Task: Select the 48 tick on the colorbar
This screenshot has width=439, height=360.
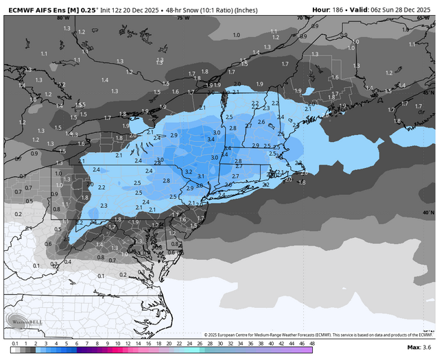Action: pyautogui.click(x=312, y=342)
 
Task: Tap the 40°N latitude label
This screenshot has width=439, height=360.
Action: pyautogui.click(x=428, y=213)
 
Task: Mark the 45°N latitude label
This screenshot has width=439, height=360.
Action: pyautogui.click(x=428, y=92)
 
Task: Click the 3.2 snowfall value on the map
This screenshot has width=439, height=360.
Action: pyautogui.click(x=188, y=171)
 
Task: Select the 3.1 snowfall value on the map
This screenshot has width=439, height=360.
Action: pyautogui.click(x=201, y=176)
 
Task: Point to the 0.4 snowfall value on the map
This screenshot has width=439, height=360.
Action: pyautogui.click(x=67, y=262)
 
